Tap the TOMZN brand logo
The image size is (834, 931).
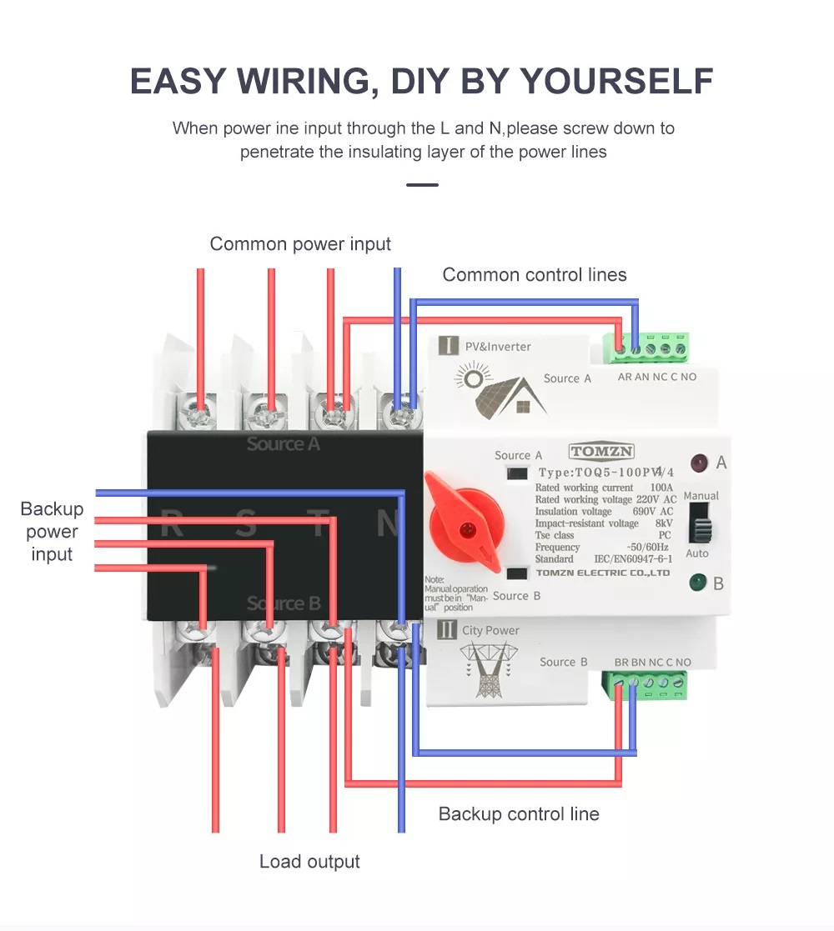(602, 452)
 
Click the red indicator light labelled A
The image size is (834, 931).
(698, 463)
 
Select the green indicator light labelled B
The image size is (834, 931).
(697, 583)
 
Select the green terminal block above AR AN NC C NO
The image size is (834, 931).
(648, 348)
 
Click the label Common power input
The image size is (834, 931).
(300, 244)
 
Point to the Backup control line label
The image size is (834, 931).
(519, 814)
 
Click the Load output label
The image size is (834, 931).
(309, 862)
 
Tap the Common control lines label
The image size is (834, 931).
(535, 275)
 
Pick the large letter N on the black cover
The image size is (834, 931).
(389, 523)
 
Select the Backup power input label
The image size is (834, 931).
(52, 532)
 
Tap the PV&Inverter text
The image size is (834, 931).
(498, 347)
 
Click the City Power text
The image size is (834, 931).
(490, 631)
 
